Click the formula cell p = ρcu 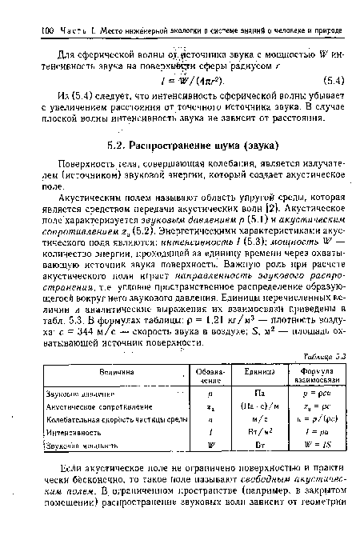click(x=308, y=394)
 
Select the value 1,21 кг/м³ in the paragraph click(x=221, y=320)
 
